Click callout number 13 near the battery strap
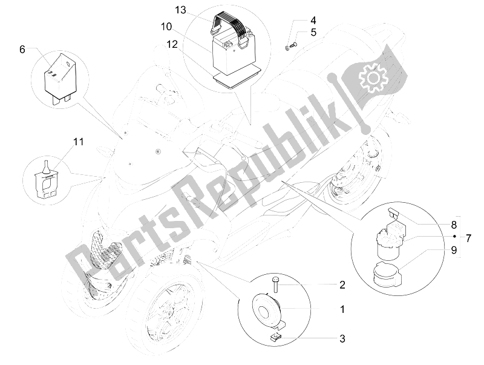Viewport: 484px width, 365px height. (181, 10)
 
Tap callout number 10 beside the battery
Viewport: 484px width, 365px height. (166, 27)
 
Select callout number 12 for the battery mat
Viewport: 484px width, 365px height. (172, 44)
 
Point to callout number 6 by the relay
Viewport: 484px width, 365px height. (22, 49)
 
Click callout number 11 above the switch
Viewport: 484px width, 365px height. (79, 142)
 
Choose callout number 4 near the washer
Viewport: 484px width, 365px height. (313, 21)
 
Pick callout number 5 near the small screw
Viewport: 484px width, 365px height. (313, 32)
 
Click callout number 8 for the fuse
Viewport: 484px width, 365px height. (454, 225)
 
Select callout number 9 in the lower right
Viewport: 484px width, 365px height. (454, 250)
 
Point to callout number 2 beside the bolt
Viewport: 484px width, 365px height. (342, 284)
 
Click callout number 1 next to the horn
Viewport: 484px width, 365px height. (342, 309)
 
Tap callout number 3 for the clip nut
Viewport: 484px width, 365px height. (342, 339)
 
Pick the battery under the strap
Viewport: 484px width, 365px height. (232, 53)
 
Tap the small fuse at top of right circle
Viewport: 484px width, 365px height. (392, 212)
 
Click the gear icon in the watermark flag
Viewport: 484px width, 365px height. (371, 77)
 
